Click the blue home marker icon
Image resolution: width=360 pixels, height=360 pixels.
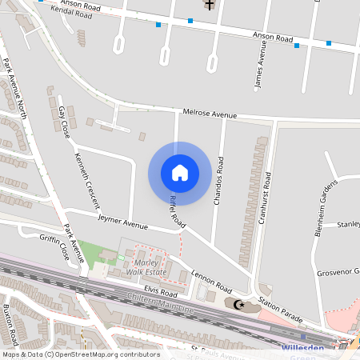(x=179, y=173)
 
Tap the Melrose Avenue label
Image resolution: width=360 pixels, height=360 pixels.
(x=210, y=114)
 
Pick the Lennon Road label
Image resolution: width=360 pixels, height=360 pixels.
(x=211, y=282)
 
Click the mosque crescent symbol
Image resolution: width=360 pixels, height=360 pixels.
(x=236, y=304)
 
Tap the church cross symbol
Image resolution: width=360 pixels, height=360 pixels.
(x=210, y=5)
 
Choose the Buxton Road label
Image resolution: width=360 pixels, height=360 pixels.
(x=10, y=319)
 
